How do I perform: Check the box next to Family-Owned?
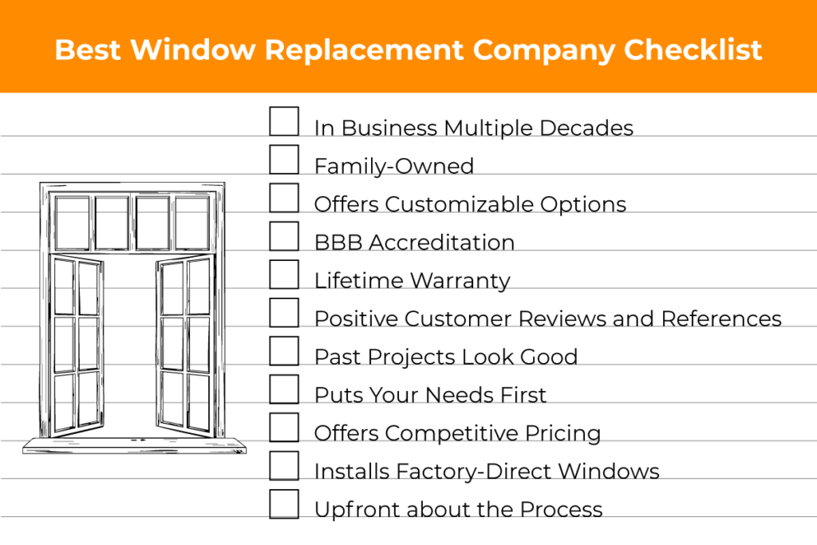(x=284, y=160)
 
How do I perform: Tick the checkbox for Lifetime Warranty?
(x=284, y=274)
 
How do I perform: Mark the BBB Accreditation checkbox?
(x=284, y=236)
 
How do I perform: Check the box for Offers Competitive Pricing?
(x=284, y=428)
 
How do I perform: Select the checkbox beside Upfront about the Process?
(x=284, y=504)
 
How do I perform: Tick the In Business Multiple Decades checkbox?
(x=284, y=121)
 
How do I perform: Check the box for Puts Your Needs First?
(x=284, y=389)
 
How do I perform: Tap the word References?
(x=721, y=319)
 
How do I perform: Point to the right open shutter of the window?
(x=185, y=343)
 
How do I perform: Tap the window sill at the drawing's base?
(x=134, y=445)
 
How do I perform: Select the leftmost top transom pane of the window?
(x=73, y=223)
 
